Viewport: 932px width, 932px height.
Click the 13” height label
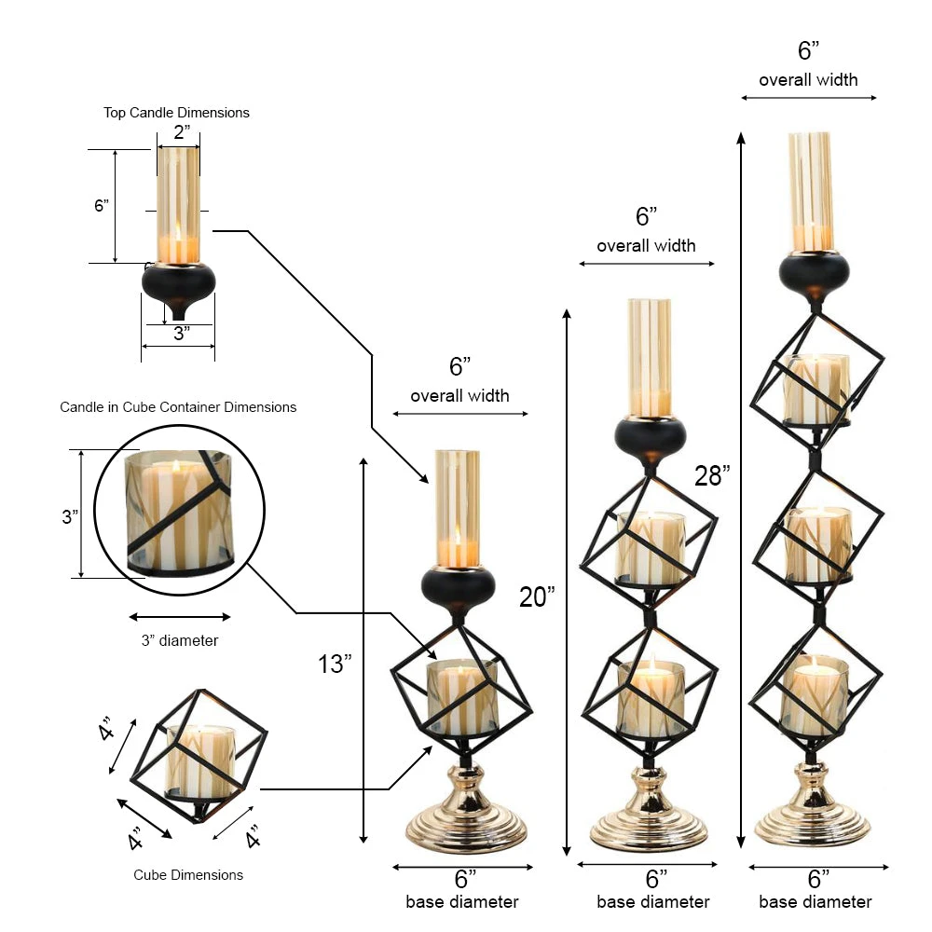335,664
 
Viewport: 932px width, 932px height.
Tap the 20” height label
537,596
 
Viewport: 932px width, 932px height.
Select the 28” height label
711,475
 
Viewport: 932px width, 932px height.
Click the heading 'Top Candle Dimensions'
176,113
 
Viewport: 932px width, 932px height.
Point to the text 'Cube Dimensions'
188,875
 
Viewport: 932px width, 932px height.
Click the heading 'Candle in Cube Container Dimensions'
178,407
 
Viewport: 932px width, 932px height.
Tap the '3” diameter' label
180,640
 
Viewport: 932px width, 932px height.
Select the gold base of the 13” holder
467,820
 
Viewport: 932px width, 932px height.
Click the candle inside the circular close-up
178,513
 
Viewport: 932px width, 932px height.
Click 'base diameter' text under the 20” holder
653,902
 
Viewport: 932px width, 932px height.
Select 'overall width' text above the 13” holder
459,396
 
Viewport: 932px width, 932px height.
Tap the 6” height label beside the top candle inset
102,205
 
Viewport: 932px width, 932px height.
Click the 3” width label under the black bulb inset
181,333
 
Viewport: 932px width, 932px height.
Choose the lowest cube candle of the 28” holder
814,694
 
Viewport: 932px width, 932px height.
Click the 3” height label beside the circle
70,516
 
